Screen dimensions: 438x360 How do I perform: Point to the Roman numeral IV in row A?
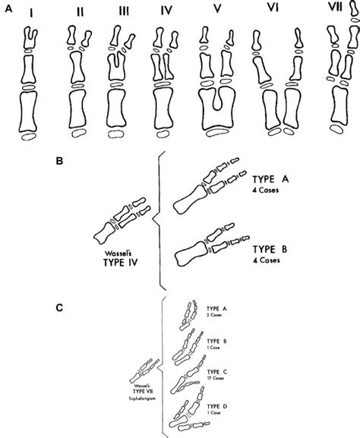coord(166,14)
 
